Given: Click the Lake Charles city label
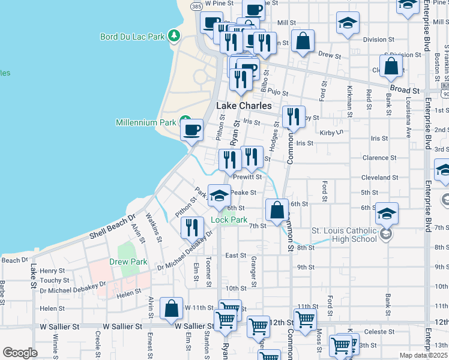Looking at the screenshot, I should coord(243,106).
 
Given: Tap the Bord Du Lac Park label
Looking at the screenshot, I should coord(132,37).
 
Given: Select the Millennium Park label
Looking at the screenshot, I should coord(147,122).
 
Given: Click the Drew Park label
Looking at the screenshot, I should coord(128,262).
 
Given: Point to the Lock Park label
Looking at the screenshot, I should coord(229,220).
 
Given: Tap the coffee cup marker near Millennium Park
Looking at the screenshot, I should coord(192,130).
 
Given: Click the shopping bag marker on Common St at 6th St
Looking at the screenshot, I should coord(277,211).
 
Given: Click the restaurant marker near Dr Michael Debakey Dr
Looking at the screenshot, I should coord(192,227).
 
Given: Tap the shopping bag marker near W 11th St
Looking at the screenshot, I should coord(172,309).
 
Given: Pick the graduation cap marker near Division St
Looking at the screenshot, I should coord(348,24).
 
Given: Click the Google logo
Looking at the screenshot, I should coord(20,353).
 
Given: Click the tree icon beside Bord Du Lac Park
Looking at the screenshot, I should coord(174,36).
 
